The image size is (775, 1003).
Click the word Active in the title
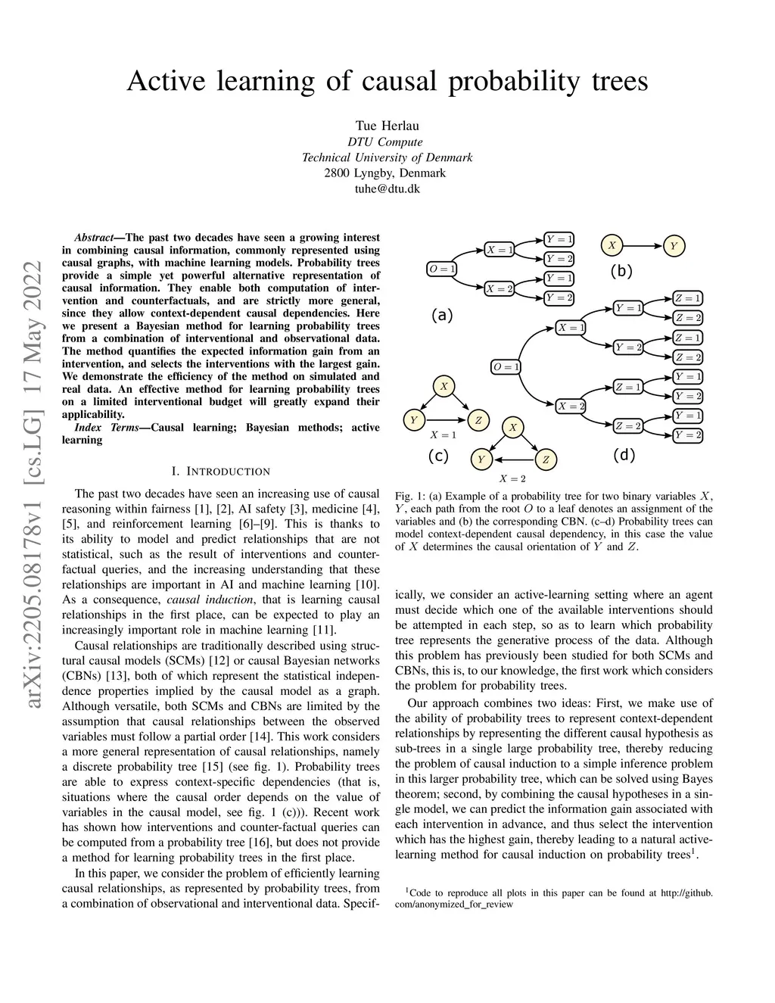click(x=164, y=80)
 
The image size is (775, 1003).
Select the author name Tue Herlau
click(x=387, y=126)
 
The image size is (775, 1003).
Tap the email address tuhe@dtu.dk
click(x=387, y=188)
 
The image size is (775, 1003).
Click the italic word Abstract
click(x=94, y=238)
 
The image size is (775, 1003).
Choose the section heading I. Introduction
click(x=220, y=472)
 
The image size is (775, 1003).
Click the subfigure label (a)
click(x=441, y=315)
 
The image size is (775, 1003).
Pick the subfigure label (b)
click(x=621, y=271)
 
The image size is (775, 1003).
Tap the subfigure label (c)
click(x=438, y=456)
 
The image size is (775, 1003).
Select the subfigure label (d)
click(x=624, y=455)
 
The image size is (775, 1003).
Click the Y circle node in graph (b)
click(x=674, y=245)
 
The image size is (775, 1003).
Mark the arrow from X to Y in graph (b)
click(x=642, y=245)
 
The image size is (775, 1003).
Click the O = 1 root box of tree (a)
click(x=442, y=269)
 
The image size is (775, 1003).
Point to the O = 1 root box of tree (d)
click(x=506, y=367)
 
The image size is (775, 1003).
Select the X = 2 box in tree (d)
click(x=571, y=406)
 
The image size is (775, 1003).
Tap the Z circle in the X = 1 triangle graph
click(x=478, y=420)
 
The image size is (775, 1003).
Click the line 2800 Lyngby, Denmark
click(x=387, y=173)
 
